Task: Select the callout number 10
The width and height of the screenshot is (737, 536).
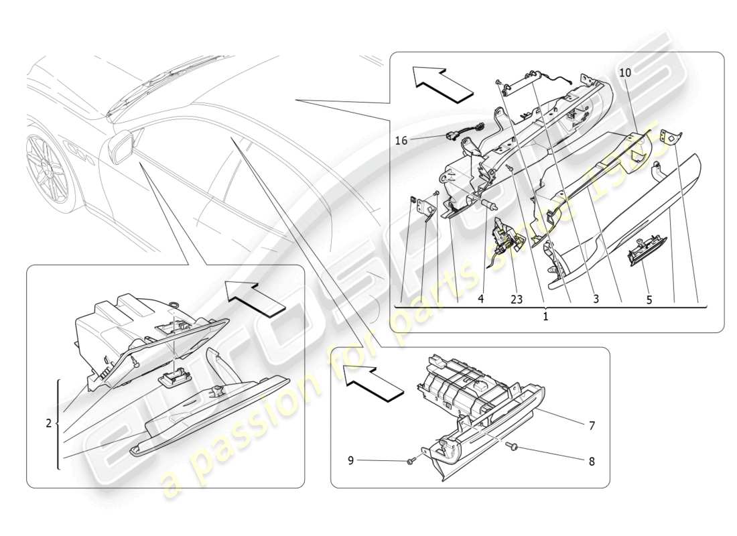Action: point(624,72)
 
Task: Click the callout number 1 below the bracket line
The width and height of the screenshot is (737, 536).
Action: point(545,316)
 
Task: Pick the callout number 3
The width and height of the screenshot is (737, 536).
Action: point(595,301)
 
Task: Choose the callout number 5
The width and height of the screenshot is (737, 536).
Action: point(649,301)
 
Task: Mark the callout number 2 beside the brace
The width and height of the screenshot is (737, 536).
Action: point(48,423)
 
